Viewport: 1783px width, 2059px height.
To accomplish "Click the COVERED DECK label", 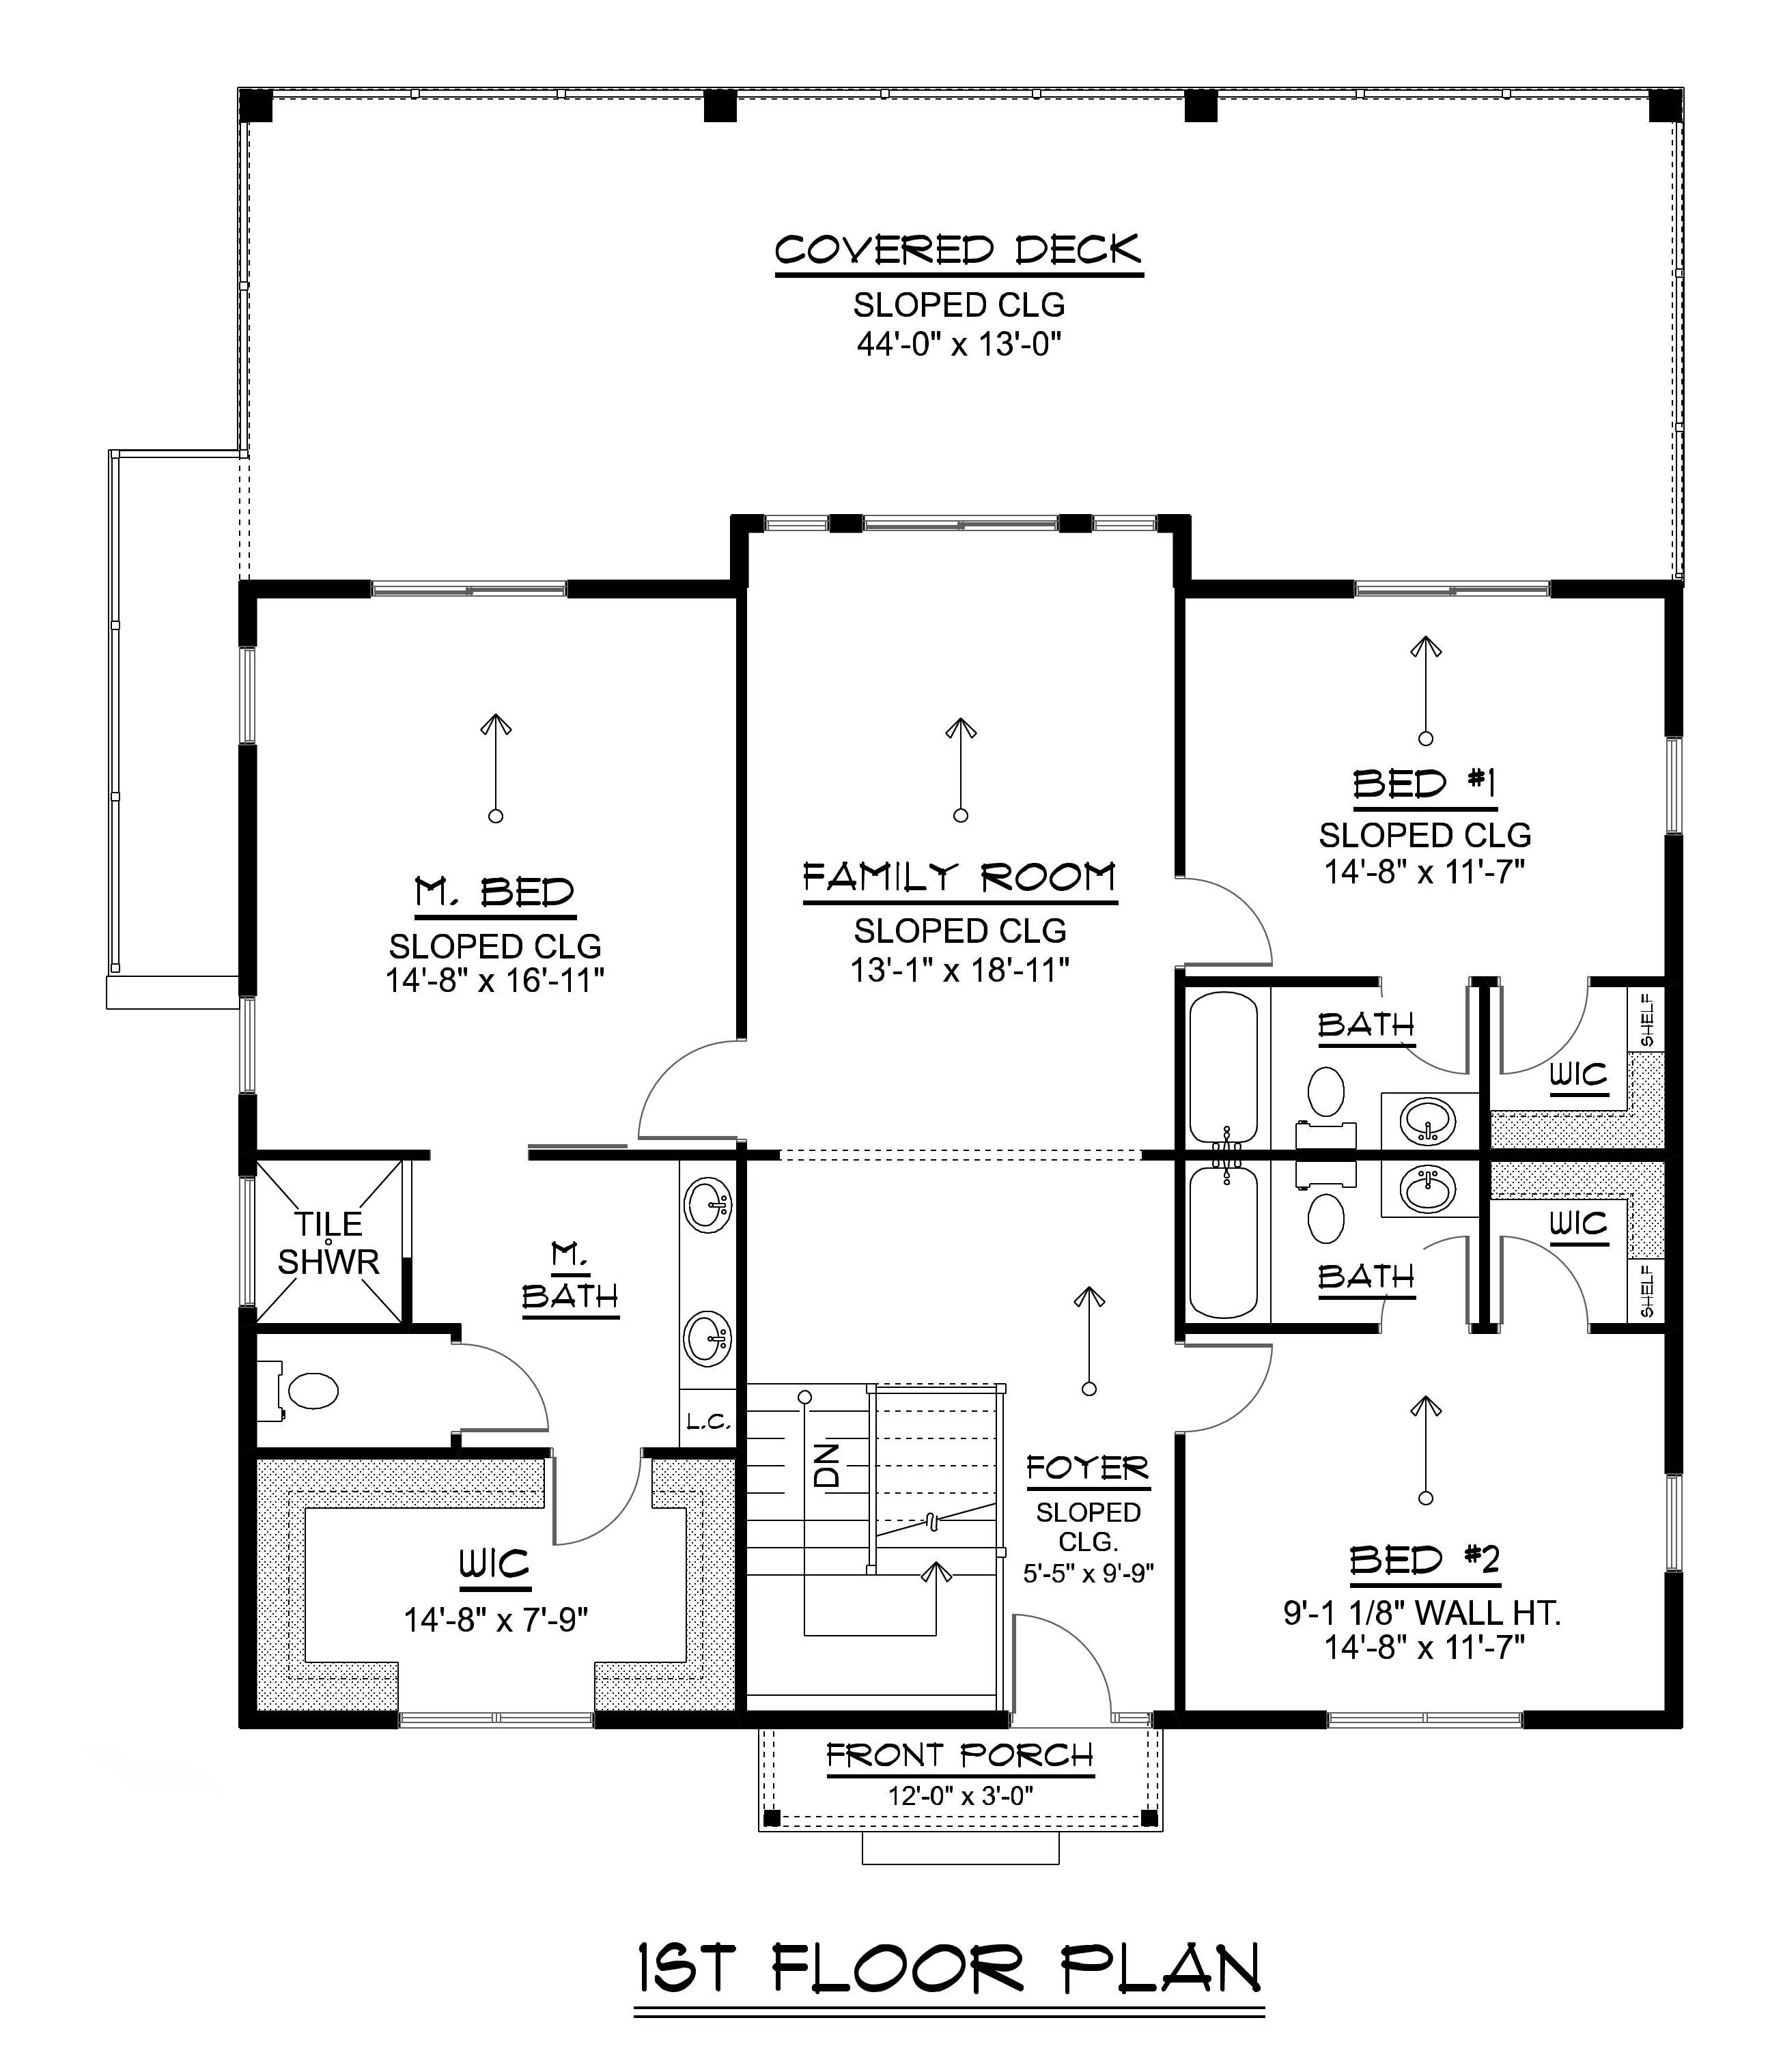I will [958, 250].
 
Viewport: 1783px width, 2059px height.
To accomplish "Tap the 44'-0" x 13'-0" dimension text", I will [958, 344].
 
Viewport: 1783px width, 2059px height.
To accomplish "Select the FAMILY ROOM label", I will [959, 879].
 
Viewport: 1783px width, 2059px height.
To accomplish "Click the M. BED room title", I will [494, 892].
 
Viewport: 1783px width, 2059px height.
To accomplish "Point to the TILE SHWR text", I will [328, 1243].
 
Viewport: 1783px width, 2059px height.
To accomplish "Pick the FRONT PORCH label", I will [959, 1756].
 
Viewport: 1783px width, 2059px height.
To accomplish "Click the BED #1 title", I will [1424, 785].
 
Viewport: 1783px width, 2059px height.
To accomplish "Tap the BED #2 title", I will [1424, 1561].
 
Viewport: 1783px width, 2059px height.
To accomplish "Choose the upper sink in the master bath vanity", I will [708, 1206].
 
